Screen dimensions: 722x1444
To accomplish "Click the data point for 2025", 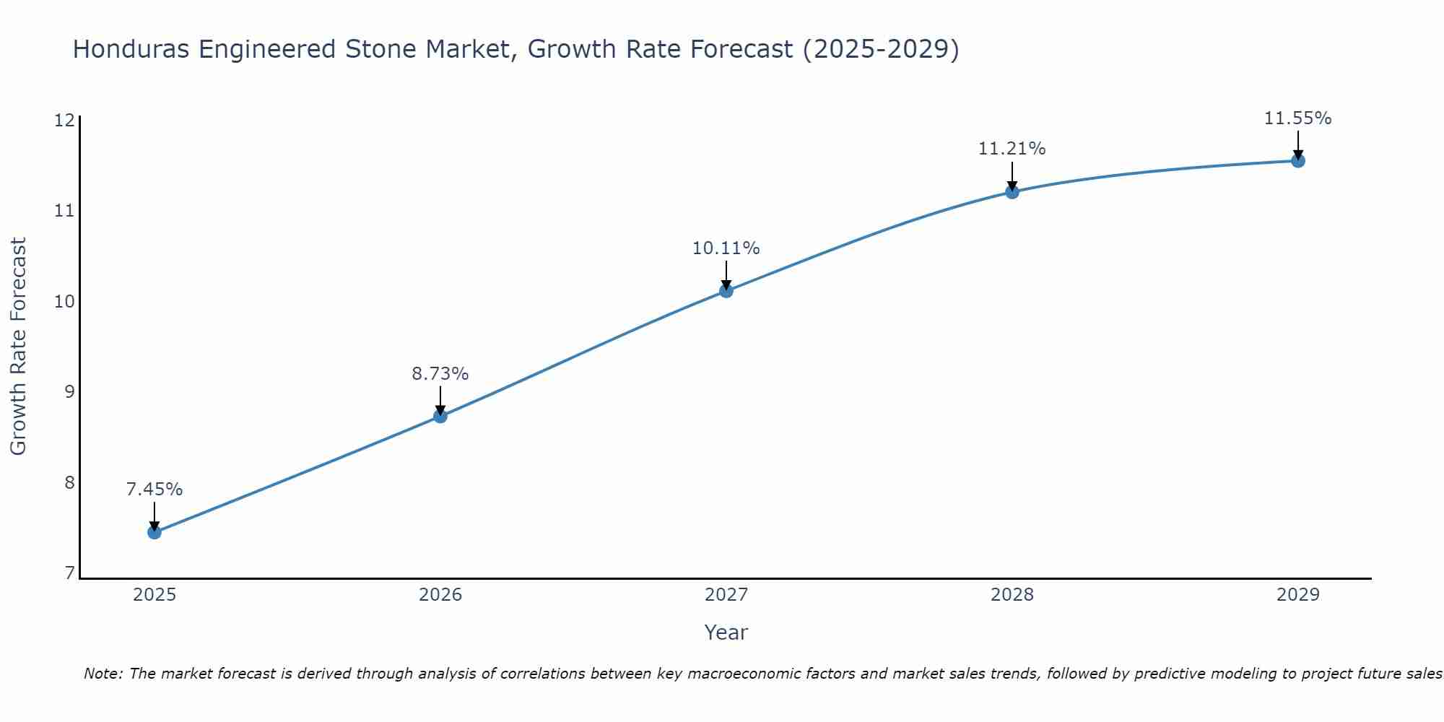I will click(x=155, y=532).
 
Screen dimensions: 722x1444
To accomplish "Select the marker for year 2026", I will click(x=440, y=416).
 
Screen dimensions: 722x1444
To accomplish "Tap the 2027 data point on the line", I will click(x=726, y=291).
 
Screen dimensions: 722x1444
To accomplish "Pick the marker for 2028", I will click(x=1012, y=191).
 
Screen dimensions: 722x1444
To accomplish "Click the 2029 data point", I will click(x=1297, y=160).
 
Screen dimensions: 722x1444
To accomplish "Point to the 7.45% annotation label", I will click(x=155, y=490).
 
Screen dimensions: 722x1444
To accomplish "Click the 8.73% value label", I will click(x=440, y=374).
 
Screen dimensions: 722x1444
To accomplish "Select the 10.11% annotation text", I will click(x=726, y=248).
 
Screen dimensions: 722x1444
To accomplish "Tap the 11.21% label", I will click(x=1012, y=149).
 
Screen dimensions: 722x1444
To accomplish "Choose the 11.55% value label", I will click(x=1297, y=118).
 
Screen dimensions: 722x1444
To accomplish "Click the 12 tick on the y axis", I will click(x=65, y=120).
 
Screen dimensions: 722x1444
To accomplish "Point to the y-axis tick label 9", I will click(x=69, y=392).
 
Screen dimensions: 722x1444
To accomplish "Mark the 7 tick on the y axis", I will click(x=69, y=573).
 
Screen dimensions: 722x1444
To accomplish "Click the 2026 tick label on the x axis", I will click(x=440, y=595).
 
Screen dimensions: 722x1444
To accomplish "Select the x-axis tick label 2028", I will click(x=1012, y=595).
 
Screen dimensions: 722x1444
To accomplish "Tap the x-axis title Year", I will click(x=726, y=632).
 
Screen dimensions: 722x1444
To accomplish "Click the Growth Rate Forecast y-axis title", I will click(x=19, y=347).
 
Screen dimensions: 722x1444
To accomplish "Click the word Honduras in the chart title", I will click(x=131, y=50).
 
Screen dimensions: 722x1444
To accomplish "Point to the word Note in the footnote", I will click(x=103, y=674).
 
